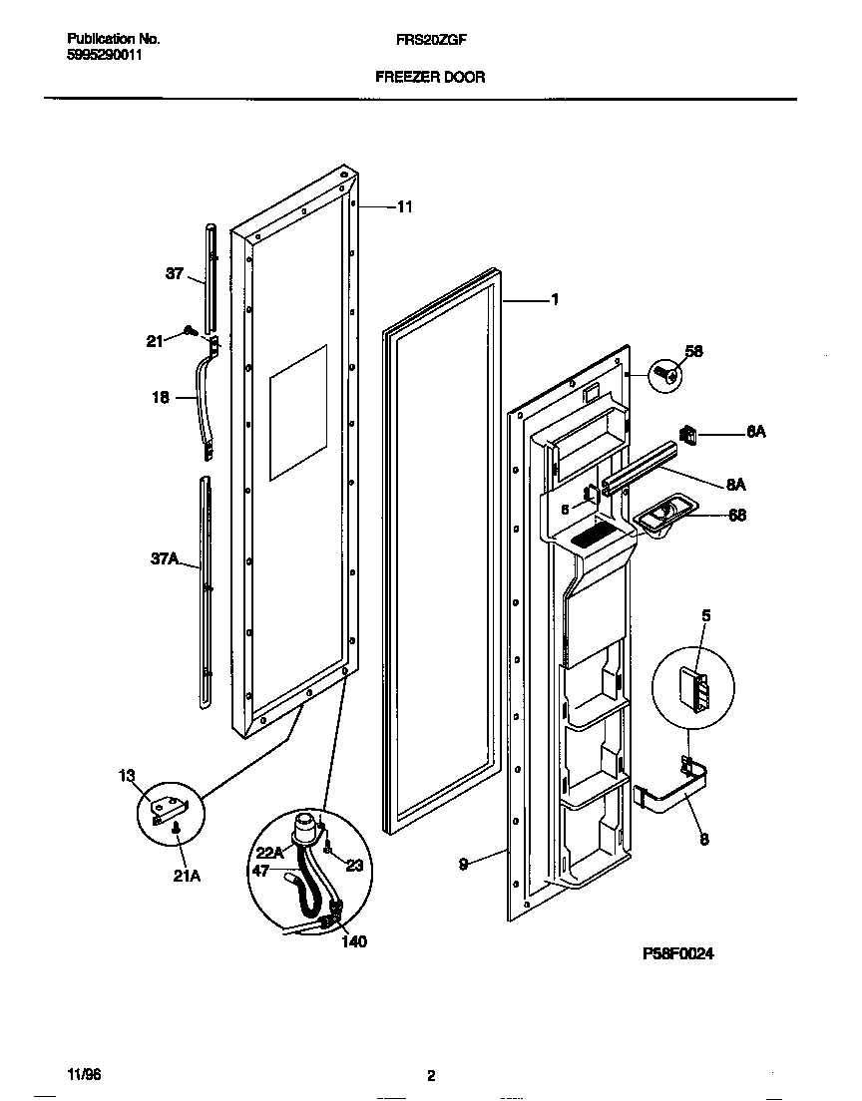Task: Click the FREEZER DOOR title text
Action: click(430, 77)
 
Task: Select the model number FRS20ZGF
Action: click(430, 40)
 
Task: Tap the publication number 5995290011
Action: click(105, 56)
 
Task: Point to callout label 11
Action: click(404, 207)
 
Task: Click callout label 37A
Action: click(164, 561)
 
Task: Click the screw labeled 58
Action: click(663, 375)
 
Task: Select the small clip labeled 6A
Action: click(687, 433)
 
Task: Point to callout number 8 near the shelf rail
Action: click(704, 840)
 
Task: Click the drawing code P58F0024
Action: click(678, 953)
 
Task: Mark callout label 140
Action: click(354, 941)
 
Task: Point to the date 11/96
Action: click(84, 1075)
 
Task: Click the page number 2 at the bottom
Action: click(431, 1075)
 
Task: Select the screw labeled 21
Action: click(189, 332)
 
